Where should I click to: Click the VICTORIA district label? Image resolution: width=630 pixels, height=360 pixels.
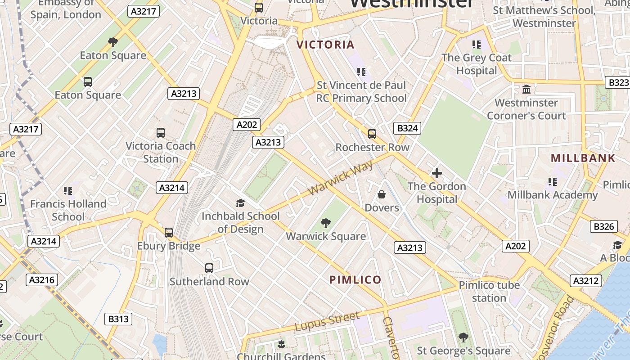[x=326, y=45]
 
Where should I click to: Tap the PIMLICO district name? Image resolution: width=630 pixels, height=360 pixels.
[x=355, y=279]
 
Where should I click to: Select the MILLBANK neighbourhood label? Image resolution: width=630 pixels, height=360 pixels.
[x=583, y=158]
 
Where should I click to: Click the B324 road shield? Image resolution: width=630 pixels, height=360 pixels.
[x=408, y=128]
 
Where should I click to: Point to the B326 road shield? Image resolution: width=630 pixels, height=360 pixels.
[x=603, y=226]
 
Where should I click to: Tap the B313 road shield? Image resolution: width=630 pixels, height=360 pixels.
[x=118, y=319]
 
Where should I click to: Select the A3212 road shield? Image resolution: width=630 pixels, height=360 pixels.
[x=586, y=281]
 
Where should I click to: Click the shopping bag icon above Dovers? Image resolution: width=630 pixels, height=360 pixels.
[x=382, y=194]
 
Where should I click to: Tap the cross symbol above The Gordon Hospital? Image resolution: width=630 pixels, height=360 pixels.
[x=436, y=173]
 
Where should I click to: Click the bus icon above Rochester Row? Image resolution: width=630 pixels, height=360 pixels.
[x=372, y=134]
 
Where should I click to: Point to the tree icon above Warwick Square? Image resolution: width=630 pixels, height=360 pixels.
[x=326, y=223]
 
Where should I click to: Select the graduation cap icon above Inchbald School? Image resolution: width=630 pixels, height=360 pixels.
[x=240, y=203]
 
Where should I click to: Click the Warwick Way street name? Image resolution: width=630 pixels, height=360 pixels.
[x=341, y=179]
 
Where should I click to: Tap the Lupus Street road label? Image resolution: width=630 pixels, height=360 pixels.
[x=327, y=321]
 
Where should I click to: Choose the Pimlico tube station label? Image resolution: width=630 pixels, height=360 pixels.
[x=489, y=291]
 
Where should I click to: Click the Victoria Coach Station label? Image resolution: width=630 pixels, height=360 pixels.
[x=161, y=152]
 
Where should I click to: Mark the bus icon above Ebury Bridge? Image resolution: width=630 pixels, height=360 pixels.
[x=169, y=233]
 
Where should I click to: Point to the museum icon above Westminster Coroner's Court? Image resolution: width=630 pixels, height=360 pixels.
[x=526, y=89]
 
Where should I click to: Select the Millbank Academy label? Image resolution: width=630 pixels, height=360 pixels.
[x=552, y=195]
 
